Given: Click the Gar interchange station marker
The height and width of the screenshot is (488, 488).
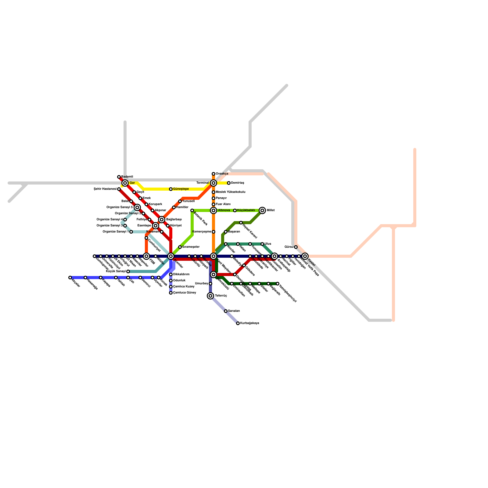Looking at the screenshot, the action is tap(125, 183).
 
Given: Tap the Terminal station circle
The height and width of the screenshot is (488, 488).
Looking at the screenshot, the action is tap(213, 183).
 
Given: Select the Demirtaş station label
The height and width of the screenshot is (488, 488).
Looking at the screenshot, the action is tap(238, 183).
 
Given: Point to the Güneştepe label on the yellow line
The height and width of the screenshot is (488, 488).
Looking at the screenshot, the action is tap(181, 189).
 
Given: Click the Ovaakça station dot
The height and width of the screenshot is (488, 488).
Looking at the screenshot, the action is tap(213, 174).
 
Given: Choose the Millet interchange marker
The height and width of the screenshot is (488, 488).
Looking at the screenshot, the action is tap(262, 210).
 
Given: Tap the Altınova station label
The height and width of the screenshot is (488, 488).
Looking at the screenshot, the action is tap(224, 210).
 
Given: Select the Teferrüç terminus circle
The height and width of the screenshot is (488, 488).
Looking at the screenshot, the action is tap(210, 296).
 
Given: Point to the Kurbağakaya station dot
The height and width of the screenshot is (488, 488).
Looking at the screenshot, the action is tap(238, 323).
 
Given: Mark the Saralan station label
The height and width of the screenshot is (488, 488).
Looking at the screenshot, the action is tap(234, 311).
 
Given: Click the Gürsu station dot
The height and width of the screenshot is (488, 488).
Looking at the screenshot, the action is tap(296, 247).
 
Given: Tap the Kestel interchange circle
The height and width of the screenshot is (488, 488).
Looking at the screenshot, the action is tap(305, 256).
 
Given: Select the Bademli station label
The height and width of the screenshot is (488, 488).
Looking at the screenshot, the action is tap(127, 177).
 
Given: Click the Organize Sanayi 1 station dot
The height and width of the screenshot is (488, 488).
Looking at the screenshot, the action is tap(131, 232).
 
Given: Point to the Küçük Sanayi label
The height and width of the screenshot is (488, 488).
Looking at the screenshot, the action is tap(116, 271).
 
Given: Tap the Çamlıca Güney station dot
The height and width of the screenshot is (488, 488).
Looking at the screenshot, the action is tap(171, 293).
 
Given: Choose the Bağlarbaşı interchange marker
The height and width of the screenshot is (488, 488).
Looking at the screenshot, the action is tap(162, 220).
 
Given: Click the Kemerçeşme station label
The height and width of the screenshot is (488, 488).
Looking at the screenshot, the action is tap(202, 232).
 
